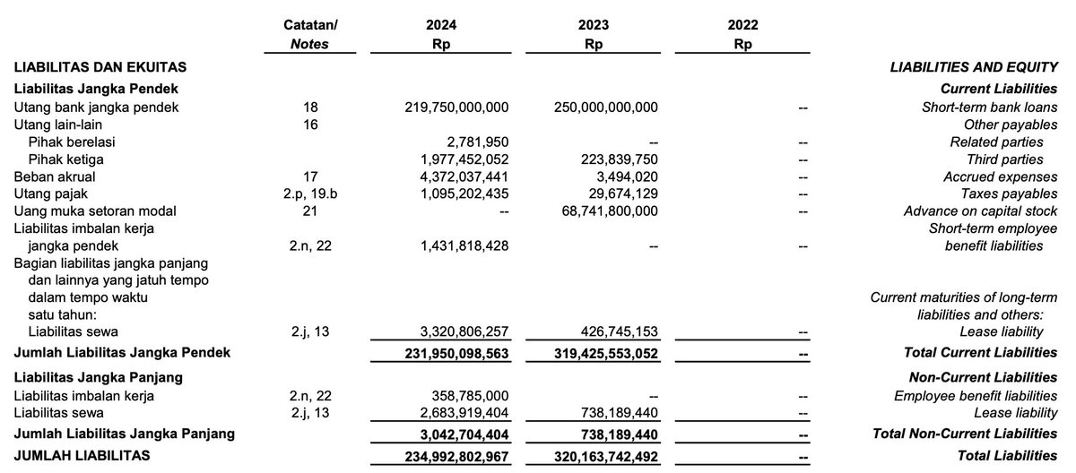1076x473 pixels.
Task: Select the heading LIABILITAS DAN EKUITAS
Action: [x=100, y=66]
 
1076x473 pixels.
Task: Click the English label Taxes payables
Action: [x=1008, y=193]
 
